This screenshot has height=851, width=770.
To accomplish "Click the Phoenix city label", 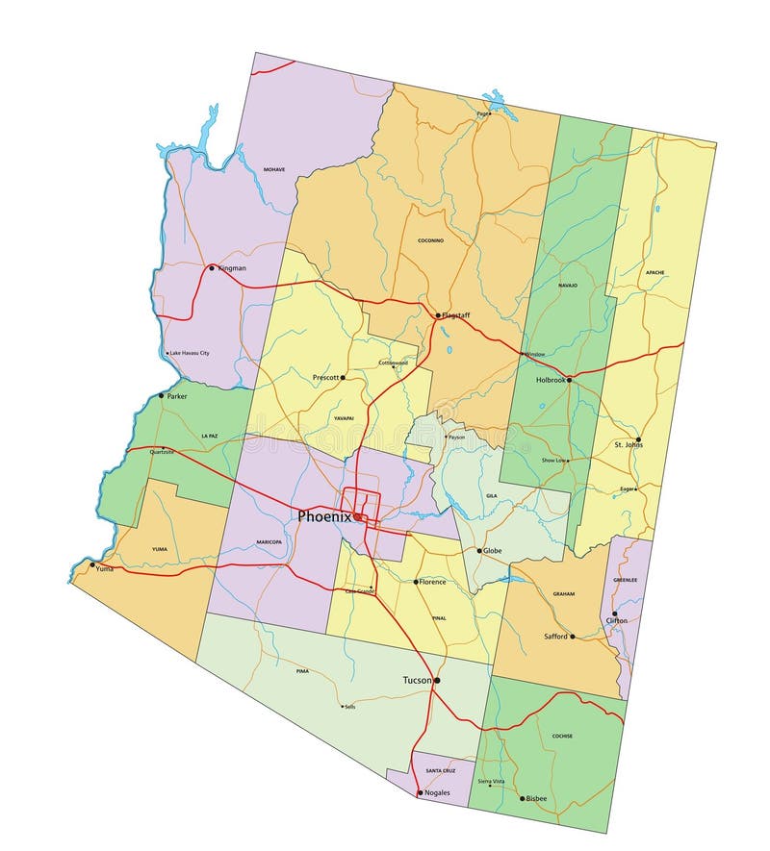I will [x=324, y=516].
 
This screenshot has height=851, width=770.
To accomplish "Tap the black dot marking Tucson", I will [x=437, y=681].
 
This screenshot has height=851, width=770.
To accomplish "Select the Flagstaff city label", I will [x=457, y=314].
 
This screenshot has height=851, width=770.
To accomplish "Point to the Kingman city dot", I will [x=212, y=268].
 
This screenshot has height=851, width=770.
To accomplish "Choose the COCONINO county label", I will [x=430, y=240].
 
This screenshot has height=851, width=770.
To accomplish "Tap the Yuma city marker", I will [x=92, y=564].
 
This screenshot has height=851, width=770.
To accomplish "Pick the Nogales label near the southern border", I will [x=437, y=793].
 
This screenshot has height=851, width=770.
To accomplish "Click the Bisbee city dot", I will [x=523, y=798].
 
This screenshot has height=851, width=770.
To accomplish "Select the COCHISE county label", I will [x=563, y=737].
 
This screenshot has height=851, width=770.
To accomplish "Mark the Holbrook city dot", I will [x=569, y=380].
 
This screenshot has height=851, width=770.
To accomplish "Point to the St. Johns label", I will [x=628, y=444].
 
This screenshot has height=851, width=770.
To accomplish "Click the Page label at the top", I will [x=481, y=113].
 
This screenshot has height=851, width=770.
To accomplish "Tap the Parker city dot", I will [x=162, y=395].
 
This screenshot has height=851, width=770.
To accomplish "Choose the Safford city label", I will [x=555, y=637].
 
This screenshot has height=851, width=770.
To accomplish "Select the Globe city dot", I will [x=479, y=551].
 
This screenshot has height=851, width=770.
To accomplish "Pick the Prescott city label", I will [x=326, y=378].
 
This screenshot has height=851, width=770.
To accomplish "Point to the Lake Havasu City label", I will [x=190, y=353].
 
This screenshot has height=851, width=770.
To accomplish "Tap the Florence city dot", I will [x=416, y=582].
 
